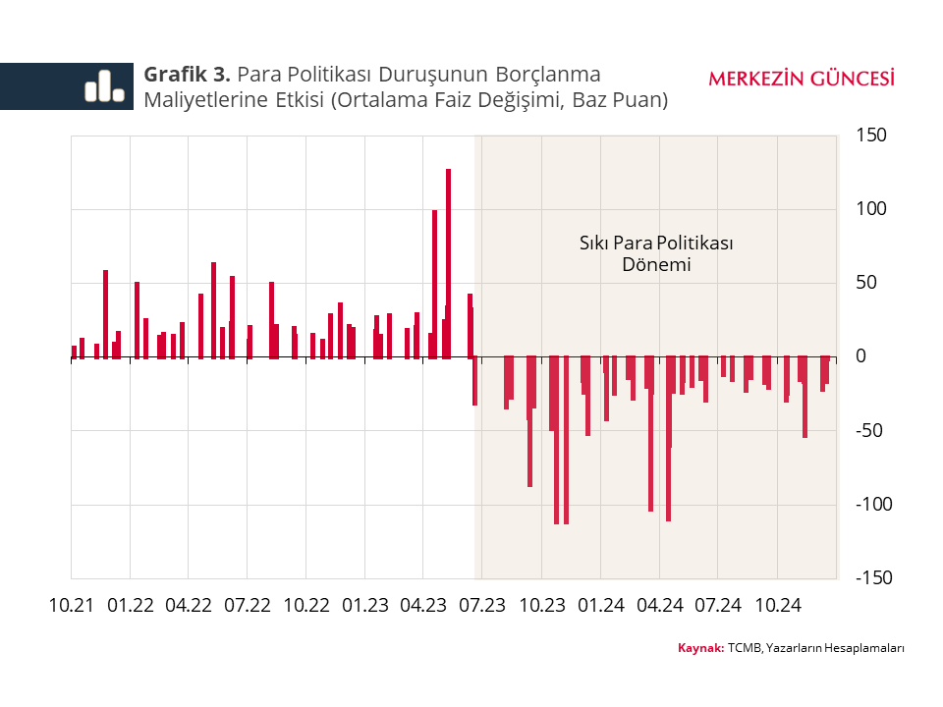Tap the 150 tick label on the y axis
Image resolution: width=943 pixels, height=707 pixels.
(x=871, y=135)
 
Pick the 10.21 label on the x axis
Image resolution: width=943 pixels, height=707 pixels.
(x=71, y=606)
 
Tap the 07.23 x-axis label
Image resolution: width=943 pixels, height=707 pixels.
(x=483, y=606)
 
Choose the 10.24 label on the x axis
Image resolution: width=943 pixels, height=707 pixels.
(x=777, y=606)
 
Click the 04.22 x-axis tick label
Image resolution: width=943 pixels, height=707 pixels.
(x=189, y=606)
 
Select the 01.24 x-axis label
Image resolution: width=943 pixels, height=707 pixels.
(x=600, y=606)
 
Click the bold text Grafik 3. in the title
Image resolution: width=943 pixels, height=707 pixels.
(x=188, y=75)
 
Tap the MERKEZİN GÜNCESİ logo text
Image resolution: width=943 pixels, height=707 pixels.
(x=801, y=79)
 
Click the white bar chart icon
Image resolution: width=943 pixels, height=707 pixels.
(x=103, y=86)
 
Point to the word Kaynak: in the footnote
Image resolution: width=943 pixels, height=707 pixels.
(x=700, y=648)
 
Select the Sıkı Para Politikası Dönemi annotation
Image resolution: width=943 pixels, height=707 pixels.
(x=657, y=253)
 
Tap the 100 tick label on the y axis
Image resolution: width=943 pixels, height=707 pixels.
(x=871, y=208)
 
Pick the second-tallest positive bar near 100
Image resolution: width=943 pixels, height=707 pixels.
(x=434, y=284)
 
